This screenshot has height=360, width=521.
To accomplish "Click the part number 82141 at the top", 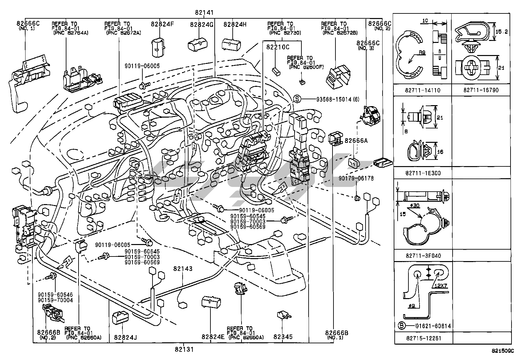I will point(204,13).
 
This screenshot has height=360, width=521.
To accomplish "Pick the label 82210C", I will point(278,47).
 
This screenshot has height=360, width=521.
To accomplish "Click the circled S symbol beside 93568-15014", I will point(297,99).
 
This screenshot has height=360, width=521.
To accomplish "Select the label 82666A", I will point(356,141).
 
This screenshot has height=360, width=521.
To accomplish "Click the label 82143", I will point(183,269).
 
